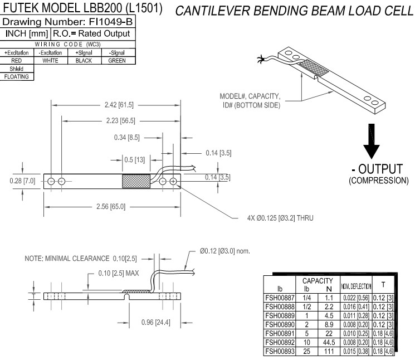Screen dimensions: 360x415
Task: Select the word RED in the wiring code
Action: click(x=17, y=60)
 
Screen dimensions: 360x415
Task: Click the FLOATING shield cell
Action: click(x=17, y=76)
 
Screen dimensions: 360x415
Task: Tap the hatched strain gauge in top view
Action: click(x=136, y=181)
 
